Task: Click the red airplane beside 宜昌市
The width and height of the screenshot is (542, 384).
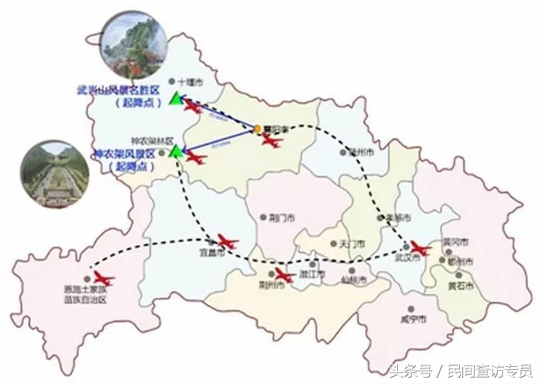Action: pos(228,240)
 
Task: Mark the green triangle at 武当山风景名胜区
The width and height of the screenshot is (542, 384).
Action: pos(177,99)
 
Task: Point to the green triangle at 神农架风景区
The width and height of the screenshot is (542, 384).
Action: pos(177,150)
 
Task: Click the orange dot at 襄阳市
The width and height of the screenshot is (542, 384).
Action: pos(258,129)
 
